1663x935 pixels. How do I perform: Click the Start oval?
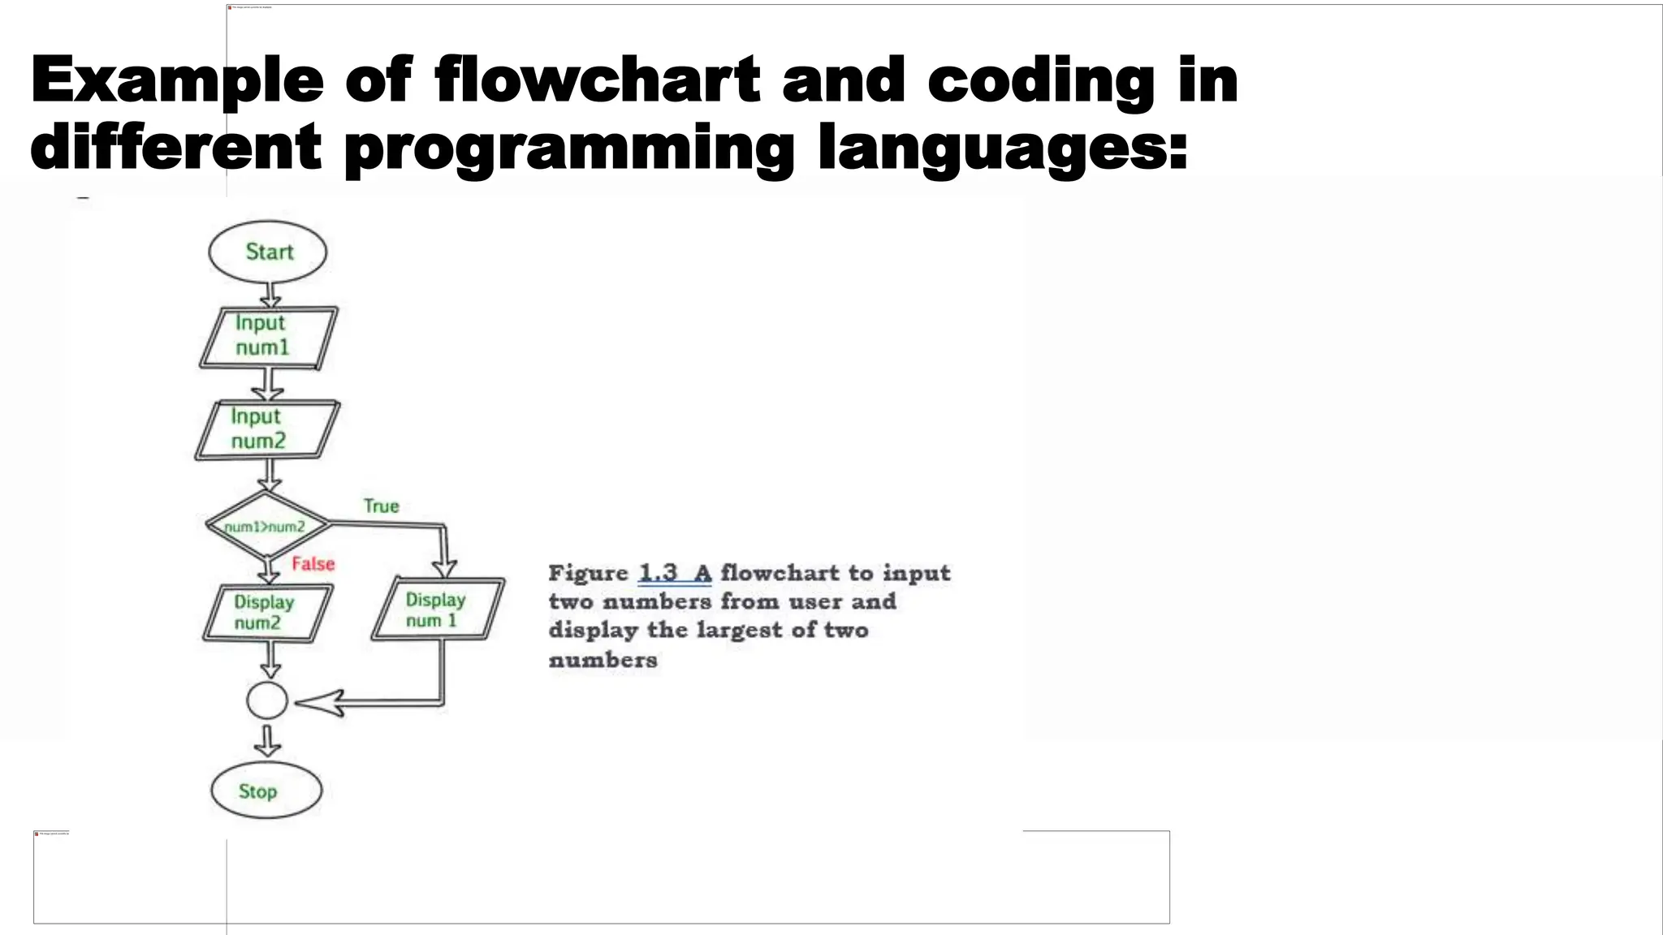[268, 252]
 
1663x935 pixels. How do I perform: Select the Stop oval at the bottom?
[266, 791]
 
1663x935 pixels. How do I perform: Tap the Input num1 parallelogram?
[268, 337]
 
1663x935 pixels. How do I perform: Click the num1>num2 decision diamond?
[267, 526]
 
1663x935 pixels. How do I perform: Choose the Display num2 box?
[267, 613]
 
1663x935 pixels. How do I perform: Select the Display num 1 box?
[438, 610]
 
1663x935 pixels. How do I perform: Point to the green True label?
[381, 506]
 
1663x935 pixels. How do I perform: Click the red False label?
[313, 564]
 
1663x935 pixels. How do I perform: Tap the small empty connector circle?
[267, 700]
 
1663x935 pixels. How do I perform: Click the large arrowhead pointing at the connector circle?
[321, 703]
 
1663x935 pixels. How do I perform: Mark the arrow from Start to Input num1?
[270, 295]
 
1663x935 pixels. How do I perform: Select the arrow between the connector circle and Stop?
[267, 740]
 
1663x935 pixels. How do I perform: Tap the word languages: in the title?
[1002, 148]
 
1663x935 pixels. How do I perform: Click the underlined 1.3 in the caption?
[658, 573]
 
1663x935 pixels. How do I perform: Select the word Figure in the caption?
[589, 573]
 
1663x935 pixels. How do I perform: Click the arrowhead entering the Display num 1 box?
[444, 567]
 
